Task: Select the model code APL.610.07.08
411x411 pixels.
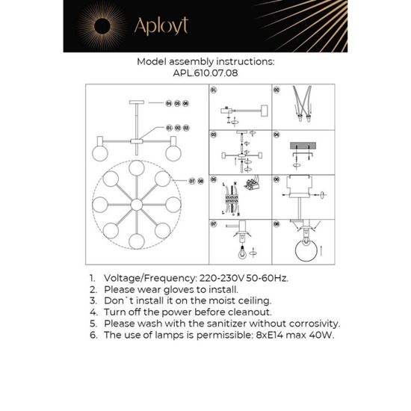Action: click(x=205, y=74)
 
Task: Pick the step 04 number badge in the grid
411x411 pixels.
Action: click(x=276, y=135)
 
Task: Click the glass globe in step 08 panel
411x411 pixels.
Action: click(x=304, y=252)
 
